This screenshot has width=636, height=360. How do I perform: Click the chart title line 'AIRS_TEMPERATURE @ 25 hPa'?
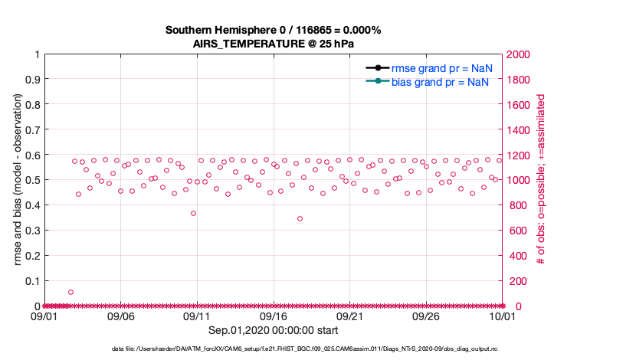[274, 44]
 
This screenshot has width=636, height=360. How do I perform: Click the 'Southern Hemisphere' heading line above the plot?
[274, 30]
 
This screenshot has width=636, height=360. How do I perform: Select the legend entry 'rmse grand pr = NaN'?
[441, 67]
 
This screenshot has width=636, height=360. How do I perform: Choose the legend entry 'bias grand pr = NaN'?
[441, 81]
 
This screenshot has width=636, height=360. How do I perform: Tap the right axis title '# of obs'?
[541, 180]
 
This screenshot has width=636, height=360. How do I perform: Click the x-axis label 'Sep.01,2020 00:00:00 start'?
[274, 329]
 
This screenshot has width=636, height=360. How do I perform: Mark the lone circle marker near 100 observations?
[70, 292]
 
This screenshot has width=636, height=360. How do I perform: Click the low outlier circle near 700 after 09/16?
[300, 218]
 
